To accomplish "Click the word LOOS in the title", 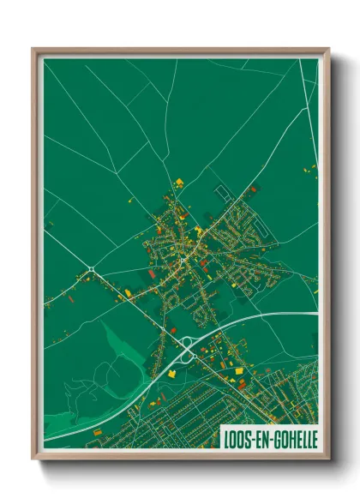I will tap(237, 435).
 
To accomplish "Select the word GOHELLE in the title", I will tap(294, 435).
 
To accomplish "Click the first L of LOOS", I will tap(226, 435).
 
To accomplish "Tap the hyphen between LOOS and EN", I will tap(251, 435).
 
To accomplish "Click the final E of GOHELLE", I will tap(314, 435).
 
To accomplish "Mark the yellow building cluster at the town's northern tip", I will tap(179, 183).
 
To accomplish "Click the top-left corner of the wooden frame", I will tap(33, 49).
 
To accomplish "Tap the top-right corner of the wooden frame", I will tap(328, 49).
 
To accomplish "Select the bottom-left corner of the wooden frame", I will tap(33, 458).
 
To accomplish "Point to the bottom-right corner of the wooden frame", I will tap(328, 458).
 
